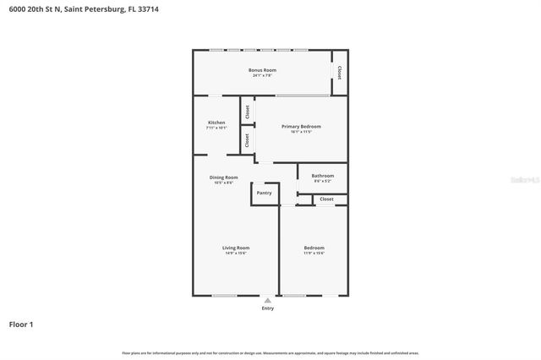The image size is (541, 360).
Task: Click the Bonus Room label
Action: (x=262, y=69)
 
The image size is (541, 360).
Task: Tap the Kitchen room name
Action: (x=216, y=123)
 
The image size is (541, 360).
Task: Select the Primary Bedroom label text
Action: (x=301, y=126)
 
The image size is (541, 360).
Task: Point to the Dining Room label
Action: (x=224, y=177)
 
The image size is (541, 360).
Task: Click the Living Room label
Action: (x=236, y=248)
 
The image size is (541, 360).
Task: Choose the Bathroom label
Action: (x=323, y=176)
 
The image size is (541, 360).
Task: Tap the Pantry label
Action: (x=265, y=193)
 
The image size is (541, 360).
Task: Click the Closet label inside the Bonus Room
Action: (x=340, y=73)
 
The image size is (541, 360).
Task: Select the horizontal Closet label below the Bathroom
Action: (x=326, y=199)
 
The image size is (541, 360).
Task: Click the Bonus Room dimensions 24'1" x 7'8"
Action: (x=262, y=75)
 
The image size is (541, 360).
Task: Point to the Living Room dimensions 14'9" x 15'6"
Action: (x=236, y=253)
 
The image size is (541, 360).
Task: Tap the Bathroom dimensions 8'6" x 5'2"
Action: (x=323, y=181)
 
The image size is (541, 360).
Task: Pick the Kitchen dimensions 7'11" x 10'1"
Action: (x=216, y=128)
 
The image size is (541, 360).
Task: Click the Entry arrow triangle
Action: (x=268, y=299)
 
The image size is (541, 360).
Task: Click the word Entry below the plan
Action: (x=268, y=308)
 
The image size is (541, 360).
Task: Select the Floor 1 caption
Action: (x=21, y=324)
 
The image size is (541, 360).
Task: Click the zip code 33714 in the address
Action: (x=146, y=8)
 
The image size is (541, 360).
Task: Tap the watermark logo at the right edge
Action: (x=526, y=180)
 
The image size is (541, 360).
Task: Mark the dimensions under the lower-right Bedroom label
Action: (x=314, y=253)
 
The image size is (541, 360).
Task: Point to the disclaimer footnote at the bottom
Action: (x=270, y=352)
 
